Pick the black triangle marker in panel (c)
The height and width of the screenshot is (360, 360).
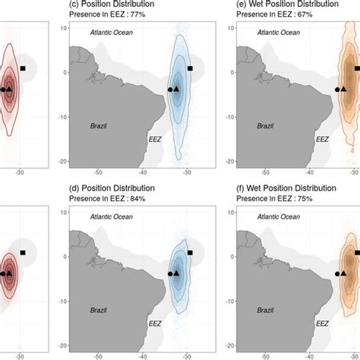[x=177, y=89]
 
